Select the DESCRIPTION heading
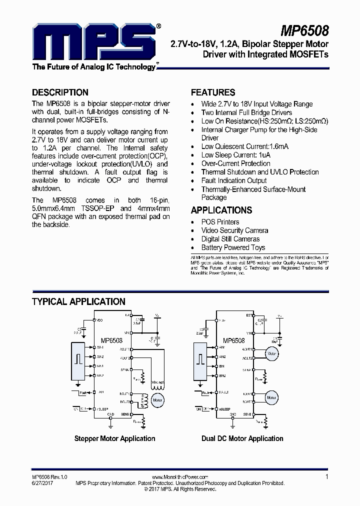(x=60, y=92)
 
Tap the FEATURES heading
(x=213, y=92)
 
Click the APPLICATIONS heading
(x=221, y=210)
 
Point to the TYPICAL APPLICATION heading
(x=78, y=301)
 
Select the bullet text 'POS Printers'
(x=220, y=222)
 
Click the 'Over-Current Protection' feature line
(x=235, y=163)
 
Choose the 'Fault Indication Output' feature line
(x=234, y=180)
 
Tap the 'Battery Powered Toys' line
(x=233, y=247)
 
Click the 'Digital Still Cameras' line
(x=230, y=239)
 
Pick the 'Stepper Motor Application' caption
(x=114, y=438)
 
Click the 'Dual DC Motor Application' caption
(x=242, y=438)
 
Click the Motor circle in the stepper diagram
(x=158, y=400)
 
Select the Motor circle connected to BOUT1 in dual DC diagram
(x=271, y=398)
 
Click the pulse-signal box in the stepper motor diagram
(x=78, y=359)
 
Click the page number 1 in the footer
(x=326, y=477)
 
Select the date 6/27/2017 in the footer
(x=42, y=483)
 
